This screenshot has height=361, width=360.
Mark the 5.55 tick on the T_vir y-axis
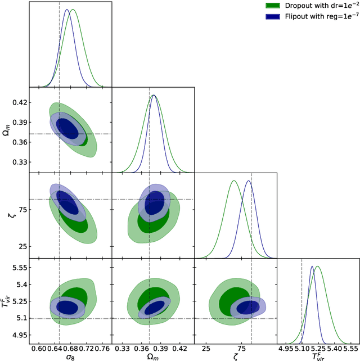point(19,268)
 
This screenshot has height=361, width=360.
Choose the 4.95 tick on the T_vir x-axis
point(285,349)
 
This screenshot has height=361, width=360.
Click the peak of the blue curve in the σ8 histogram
point(66,10)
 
